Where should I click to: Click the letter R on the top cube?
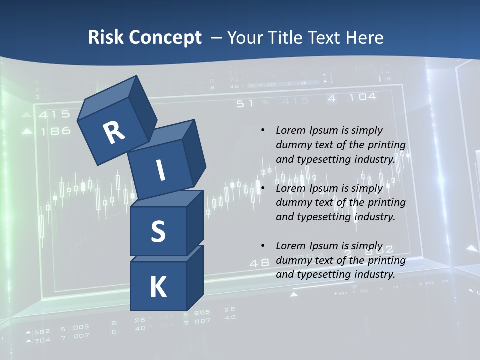[114, 132]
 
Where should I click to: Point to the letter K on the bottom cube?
[158, 287]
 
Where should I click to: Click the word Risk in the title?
[105, 38]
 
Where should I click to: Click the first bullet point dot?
[263, 130]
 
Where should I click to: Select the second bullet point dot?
[263, 188]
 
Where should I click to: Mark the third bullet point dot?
[263, 246]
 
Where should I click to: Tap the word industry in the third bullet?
[374, 274]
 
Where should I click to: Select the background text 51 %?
[252, 103]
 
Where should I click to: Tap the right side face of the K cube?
[195, 277]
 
